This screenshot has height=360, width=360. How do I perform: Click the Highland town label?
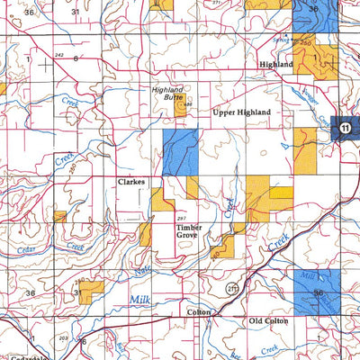pos(275,66)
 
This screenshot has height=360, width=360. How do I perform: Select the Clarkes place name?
pos(131,181)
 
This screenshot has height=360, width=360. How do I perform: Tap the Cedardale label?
pos(19,355)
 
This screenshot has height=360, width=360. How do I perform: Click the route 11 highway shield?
pos(345,130)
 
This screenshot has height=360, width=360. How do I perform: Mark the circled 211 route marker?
pos(232,288)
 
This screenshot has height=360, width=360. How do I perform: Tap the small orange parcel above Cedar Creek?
pos(59,216)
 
